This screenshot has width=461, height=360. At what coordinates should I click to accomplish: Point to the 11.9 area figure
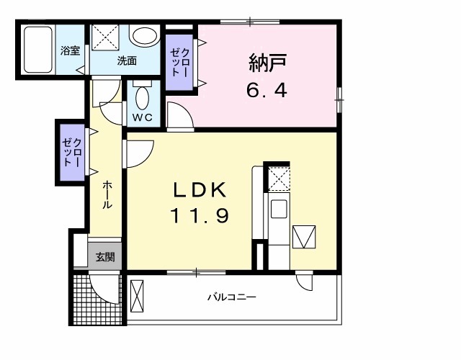point(200,215)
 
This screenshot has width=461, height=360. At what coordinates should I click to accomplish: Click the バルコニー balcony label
point(232,297)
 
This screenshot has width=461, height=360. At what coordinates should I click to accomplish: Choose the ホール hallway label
point(107,195)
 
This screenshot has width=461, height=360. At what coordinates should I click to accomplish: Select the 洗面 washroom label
point(127,60)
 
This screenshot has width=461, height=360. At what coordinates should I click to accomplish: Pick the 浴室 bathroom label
point(70,53)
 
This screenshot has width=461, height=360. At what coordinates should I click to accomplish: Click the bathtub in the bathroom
point(37,51)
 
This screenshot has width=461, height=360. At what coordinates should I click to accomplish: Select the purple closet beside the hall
point(71,153)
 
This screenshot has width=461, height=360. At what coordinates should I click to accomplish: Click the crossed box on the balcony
point(138,296)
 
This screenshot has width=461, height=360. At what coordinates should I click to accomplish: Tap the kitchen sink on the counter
point(278,210)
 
